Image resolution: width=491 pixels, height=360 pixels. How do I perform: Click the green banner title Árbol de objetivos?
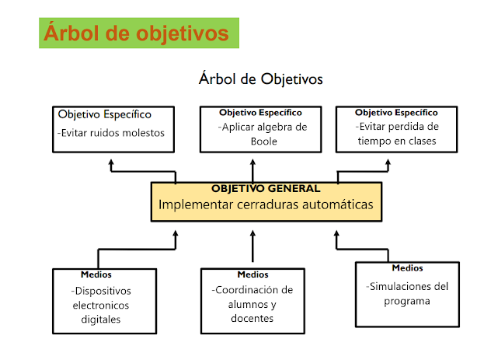coord(137,33)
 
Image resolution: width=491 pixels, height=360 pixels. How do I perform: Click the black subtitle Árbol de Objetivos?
coord(260,79)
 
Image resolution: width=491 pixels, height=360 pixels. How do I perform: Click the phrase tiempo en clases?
coord(397,141)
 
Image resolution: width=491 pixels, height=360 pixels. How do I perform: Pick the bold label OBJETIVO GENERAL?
coord(266,188)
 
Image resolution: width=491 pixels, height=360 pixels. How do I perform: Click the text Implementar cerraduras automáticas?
coord(266,204)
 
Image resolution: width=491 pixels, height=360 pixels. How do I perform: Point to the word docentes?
coord(253,318)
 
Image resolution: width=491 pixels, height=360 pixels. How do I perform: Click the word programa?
coord(406,301)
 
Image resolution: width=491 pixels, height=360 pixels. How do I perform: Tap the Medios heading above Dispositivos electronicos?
coord(96,274)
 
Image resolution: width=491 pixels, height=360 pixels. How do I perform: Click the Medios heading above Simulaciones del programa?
coord(407,268)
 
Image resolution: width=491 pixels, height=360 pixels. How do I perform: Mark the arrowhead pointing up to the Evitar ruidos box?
coord(111,163)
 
